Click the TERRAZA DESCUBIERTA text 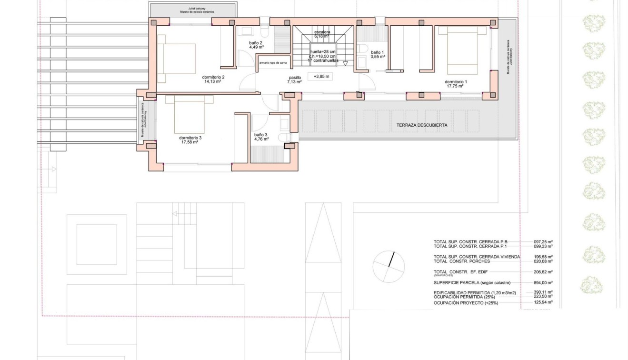point(421,126)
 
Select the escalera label point(322,33)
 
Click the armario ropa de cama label point(273,62)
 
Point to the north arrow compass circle point(389,266)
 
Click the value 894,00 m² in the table point(543,282)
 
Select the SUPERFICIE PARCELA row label point(468,282)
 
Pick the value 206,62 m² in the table point(543,272)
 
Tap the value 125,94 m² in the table point(543,302)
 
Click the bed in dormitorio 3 point(189,114)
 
